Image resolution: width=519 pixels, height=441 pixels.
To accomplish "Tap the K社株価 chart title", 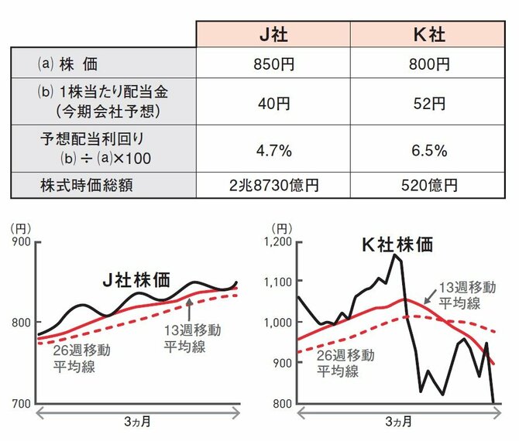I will pyautogui.click(x=397, y=244).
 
